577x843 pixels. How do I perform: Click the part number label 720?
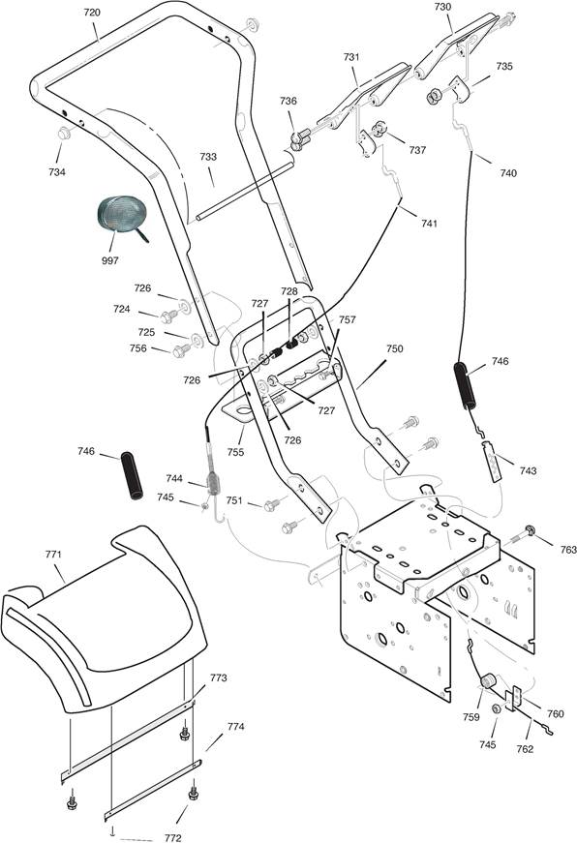[92, 13]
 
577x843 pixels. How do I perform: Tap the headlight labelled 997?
[119, 215]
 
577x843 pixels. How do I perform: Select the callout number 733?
[208, 157]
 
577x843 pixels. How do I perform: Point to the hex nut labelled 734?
[64, 133]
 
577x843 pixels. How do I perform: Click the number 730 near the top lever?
[442, 7]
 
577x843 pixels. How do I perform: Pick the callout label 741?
[429, 224]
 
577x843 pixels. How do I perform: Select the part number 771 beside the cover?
[53, 555]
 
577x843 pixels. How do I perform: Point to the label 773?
[219, 677]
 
